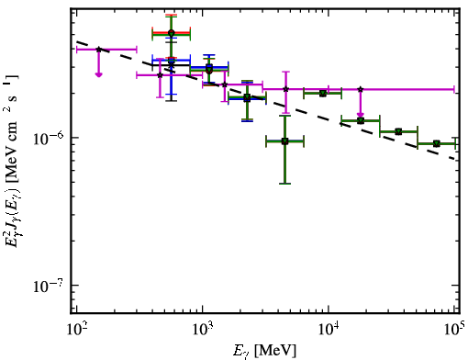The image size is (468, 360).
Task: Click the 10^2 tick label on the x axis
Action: tap(76, 330)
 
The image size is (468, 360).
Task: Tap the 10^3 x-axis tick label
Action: tap(202, 330)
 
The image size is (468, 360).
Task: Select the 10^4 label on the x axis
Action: tap(329, 330)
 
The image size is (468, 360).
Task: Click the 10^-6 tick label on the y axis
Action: tap(48, 139)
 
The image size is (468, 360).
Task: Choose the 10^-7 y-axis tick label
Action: tap(48, 286)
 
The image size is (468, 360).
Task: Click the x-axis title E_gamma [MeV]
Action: tap(264, 351)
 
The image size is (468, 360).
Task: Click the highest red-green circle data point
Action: tap(172, 33)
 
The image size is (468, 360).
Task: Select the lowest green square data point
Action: tap(284, 141)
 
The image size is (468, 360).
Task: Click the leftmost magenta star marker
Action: tap(98, 49)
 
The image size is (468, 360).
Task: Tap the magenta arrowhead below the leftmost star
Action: tap(98, 74)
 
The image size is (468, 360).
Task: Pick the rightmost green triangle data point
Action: tap(437, 143)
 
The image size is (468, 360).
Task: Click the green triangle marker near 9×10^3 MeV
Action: tap(322, 93)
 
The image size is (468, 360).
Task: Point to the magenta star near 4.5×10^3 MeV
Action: tap(285, 89)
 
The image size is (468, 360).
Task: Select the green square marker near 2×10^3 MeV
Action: tap(247, 98)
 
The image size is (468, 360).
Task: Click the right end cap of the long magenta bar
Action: tap(454, 89)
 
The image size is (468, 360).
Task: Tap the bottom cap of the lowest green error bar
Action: tap(284, 184)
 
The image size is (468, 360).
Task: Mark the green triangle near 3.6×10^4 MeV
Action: tap(398, 131)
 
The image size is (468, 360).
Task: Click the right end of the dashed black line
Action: tap(456, 159)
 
